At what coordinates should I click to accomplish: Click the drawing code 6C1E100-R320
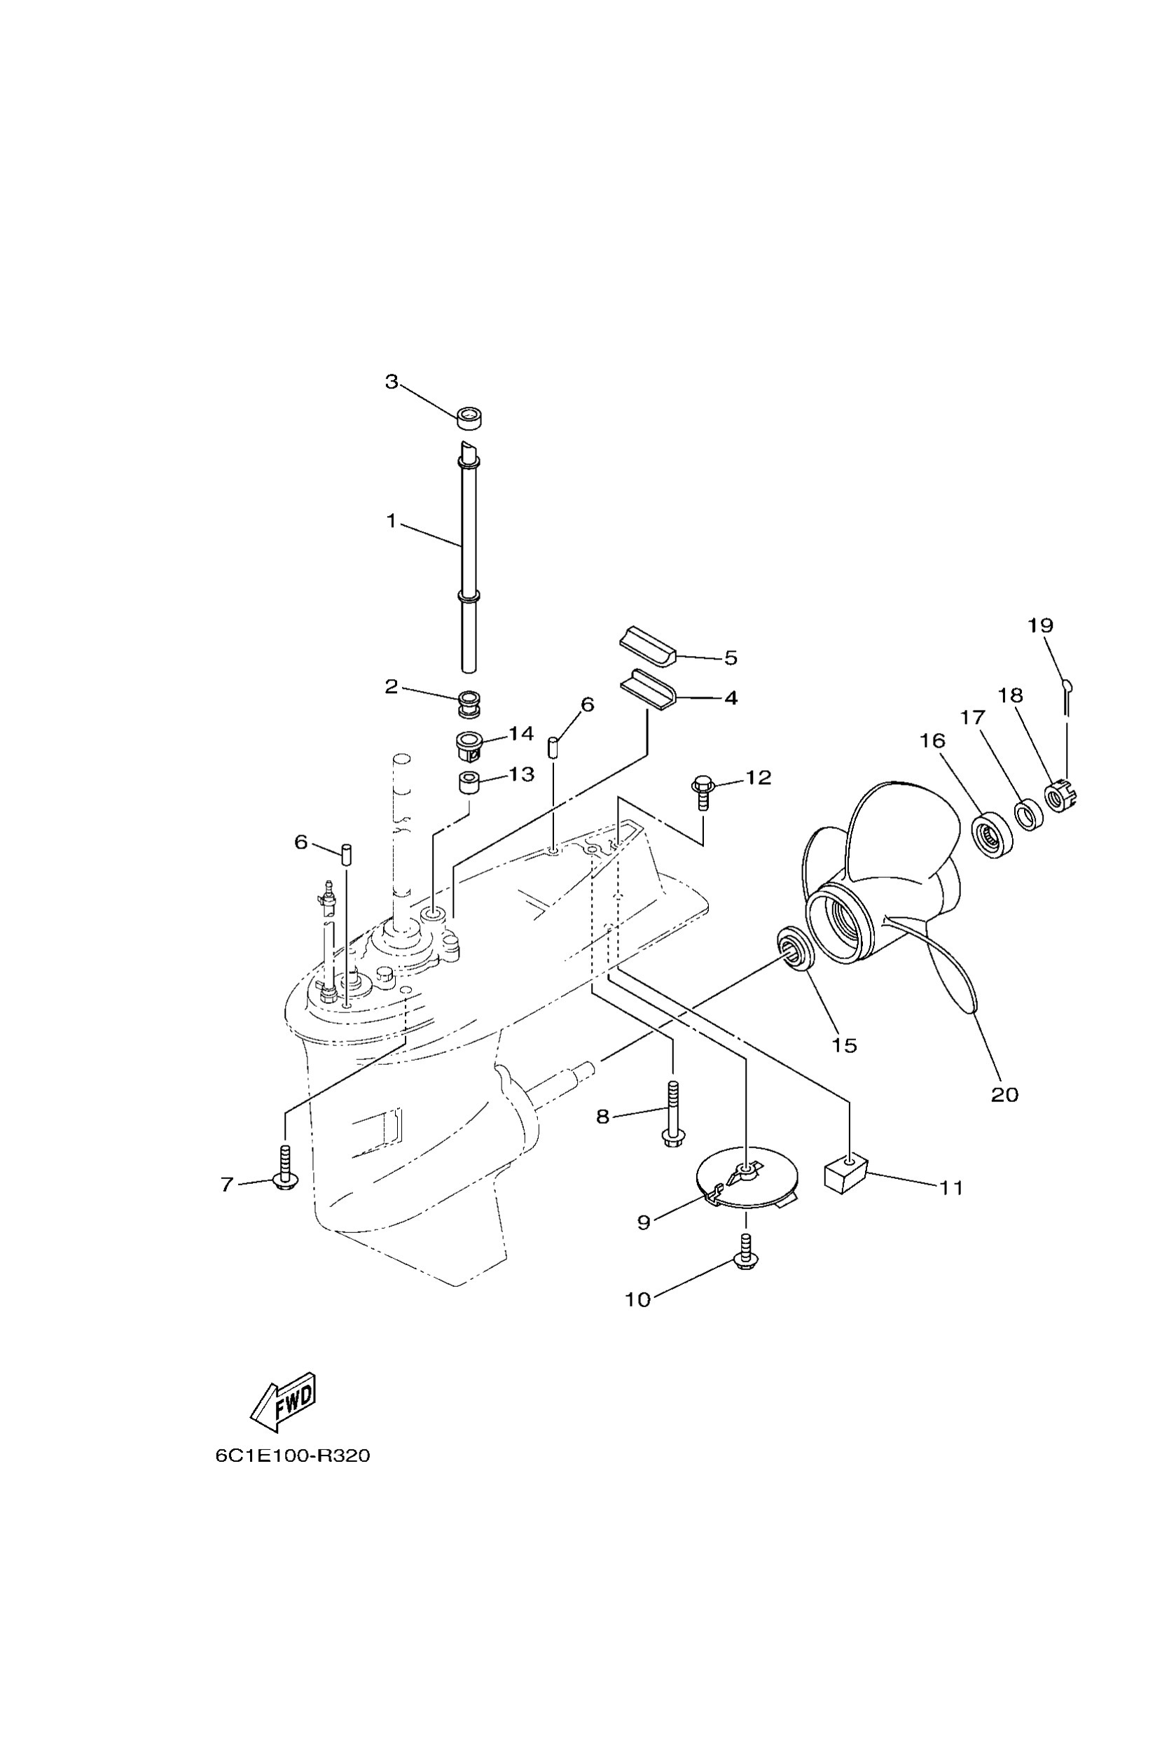coord(293,1456)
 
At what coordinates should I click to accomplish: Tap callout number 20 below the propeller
coord(1004,1095)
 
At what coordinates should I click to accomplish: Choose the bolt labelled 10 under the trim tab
coord(746,1253)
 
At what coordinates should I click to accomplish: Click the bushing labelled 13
coord(469,781)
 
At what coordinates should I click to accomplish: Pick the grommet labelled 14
coord(468,744)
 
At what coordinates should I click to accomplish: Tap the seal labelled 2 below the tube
coord(469,702)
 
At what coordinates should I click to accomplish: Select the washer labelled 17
coord(1028,814)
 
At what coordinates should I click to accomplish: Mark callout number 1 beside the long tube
coord(391,522)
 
